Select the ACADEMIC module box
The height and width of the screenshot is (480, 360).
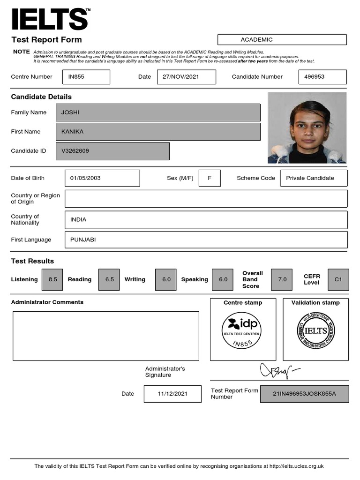[x=282, y=40]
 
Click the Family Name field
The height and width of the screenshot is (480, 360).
[x=158, y=112]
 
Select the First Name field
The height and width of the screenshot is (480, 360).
[x=158, y=132]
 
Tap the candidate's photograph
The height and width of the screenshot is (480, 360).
[x=307, y=127]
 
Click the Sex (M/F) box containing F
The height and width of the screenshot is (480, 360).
[x=210, y=178]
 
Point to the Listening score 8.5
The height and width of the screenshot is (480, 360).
[x=53, y=279]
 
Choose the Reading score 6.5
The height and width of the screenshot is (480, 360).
[x=110, y=279]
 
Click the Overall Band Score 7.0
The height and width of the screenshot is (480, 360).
[x=282, y=279]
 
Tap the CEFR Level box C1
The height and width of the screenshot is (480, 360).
[x=338, y=279]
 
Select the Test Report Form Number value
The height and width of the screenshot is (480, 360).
[x=304, y=394]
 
